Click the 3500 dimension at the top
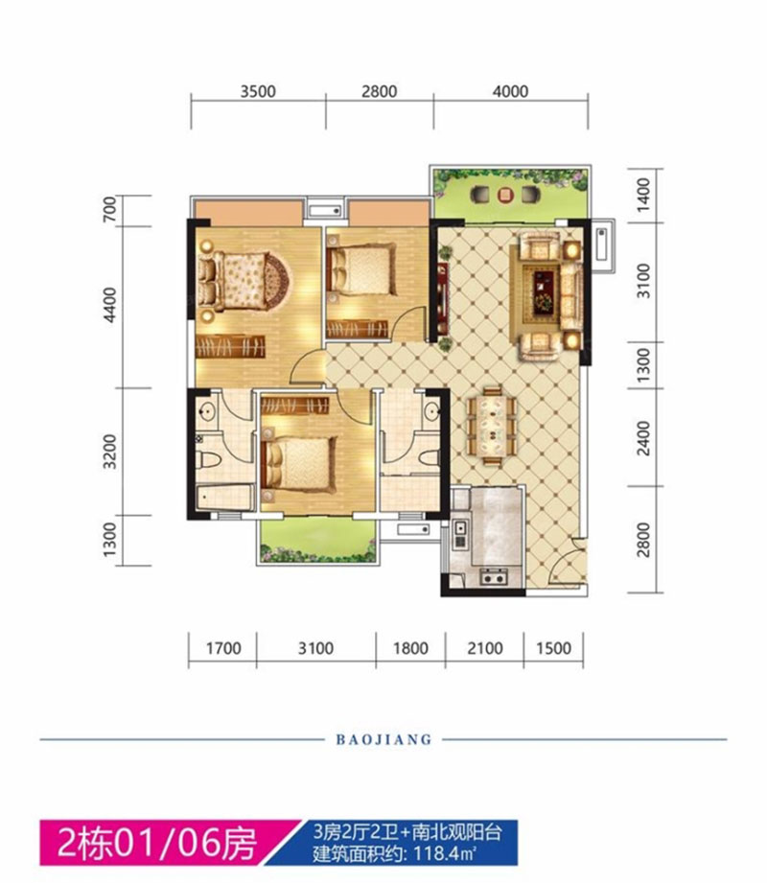258,92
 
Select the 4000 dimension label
509,92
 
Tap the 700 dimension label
112,209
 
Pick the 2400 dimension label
644,438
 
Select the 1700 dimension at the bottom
221,649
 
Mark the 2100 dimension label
485,649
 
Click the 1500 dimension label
553,649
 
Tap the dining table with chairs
491,423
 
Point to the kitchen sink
459,529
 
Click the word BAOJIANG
383,740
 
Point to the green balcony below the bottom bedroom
315,543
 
